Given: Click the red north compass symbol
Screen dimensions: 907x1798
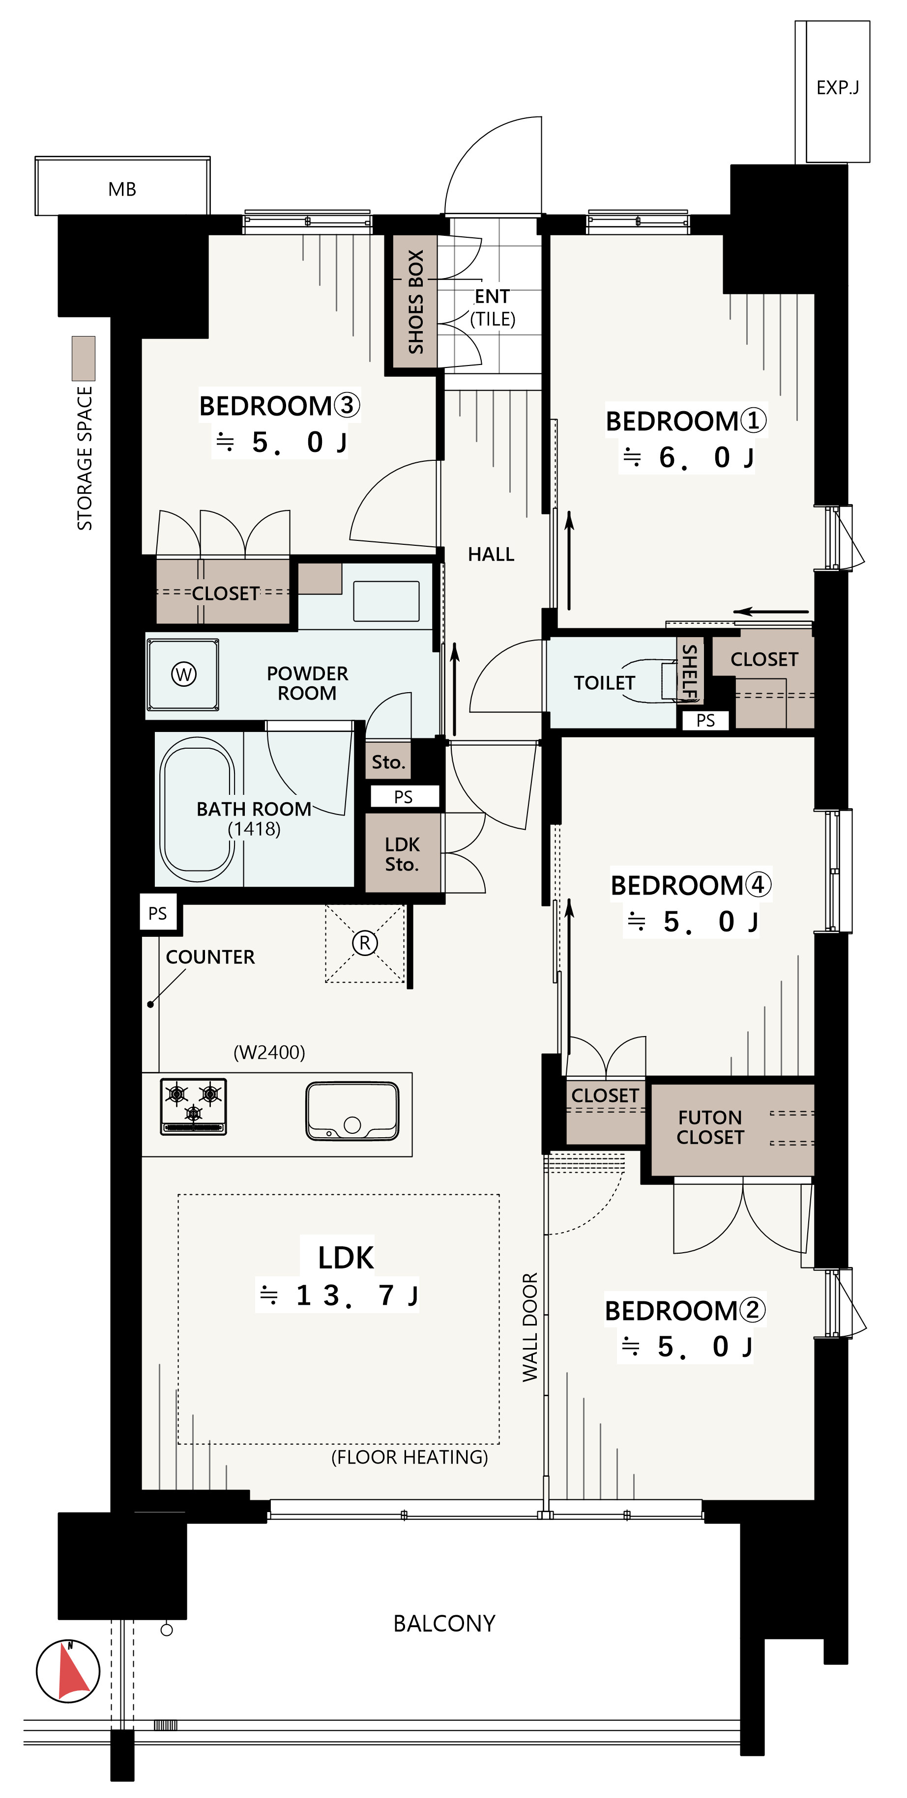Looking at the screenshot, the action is pyautogui.click(x=68, y=1670).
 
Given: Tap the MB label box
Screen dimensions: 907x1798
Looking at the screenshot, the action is pyautogui.click(x=122, y=186).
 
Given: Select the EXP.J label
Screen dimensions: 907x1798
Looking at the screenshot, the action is pyautogui.click(x=837, y=88).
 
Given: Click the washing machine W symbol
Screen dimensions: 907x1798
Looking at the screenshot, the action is pyautogui.click(x=184, y=674).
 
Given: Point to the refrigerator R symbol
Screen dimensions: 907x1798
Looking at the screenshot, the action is pyautogui.click(x=364, y=943).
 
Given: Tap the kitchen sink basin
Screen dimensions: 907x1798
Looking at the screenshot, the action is pyautogui.click(x=352, y=1111).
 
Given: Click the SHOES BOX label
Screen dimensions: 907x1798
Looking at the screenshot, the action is pyautogui.click(x=415, y=302).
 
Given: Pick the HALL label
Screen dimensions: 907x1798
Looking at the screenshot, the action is pyautogui.click(x=491, y=554).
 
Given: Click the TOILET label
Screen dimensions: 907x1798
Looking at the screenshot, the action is pyautogui.click(x=604, y=683).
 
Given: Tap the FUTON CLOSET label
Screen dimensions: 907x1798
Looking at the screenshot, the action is pyautogui.click(x=710, y=1127).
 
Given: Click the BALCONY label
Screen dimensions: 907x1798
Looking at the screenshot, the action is pyautogui.click(x=444, y=1624).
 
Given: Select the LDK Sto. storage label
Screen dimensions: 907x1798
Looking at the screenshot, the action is pyautogui.click(x=402, y=854).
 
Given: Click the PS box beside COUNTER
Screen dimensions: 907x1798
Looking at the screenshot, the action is pyautogui.click(x=158, y=913).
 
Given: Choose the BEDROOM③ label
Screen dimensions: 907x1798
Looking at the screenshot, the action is pyautogui.click(x=279, y=405).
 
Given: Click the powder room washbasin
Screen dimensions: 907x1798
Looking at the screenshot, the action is pyautogui.click(x=386, y=600).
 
